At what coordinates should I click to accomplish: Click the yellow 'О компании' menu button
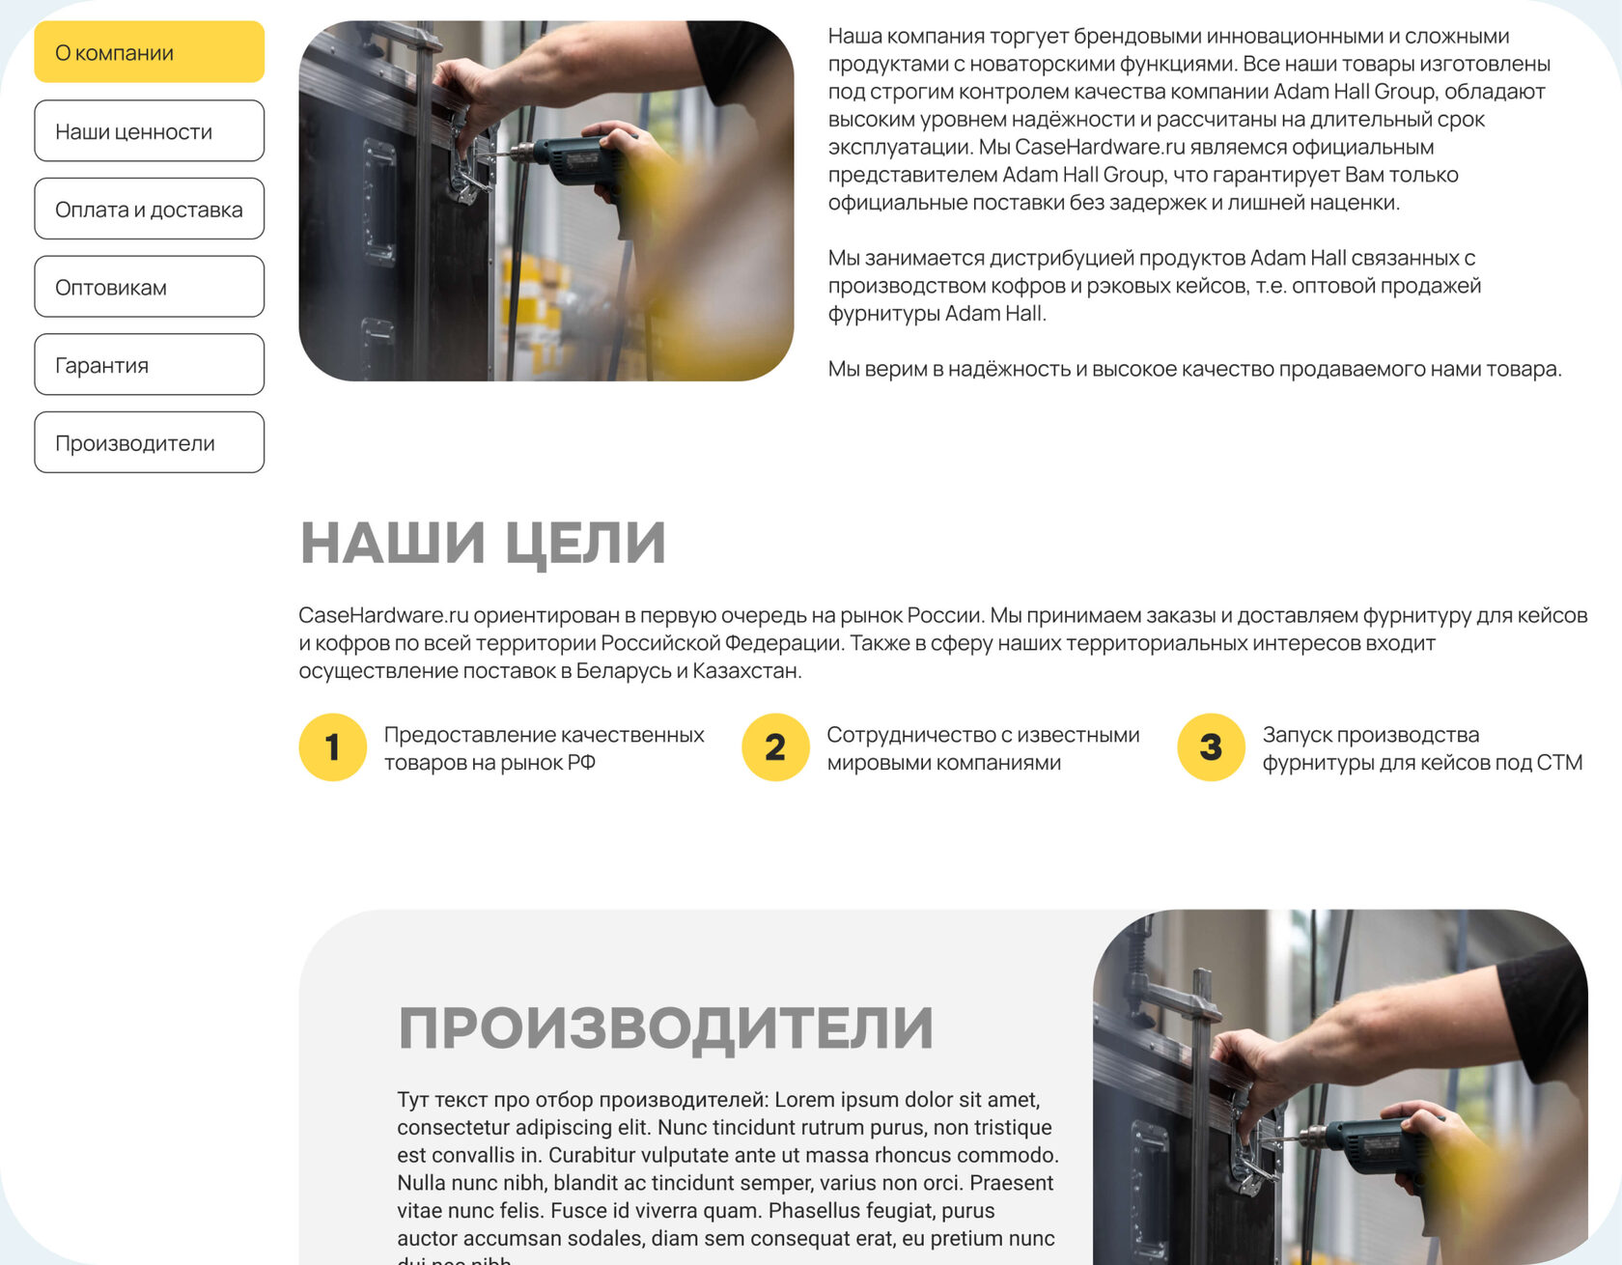pyautogui.click(x=150, y=52)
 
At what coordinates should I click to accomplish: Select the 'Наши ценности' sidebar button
pyautogui.click(x=150, y=130)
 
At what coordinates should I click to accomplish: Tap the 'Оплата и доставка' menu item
pyautogui.click(x=150, y=209)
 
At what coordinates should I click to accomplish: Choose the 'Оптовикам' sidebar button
pyautogui.click(x=150, y=287)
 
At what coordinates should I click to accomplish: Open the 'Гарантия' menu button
pyautogui.click(x=150, y=364)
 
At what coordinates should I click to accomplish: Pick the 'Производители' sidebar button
pyautogui.click(x=150, y=442)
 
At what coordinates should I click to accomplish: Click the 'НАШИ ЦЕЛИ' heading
pyautogui.click(x=484, y=543)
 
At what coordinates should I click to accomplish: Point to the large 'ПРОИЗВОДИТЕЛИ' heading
pyautogui.click(x=666, y=1027)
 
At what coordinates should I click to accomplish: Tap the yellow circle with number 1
pyautogui.click(x=333, y=747)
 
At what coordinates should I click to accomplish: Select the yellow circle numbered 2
pyautogui.click(x=775, y=747)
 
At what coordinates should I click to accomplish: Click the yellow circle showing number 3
pyautogui.click(x=1211, y=747)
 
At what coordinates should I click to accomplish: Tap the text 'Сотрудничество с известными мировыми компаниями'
pyautogui.click(x=983, y=748)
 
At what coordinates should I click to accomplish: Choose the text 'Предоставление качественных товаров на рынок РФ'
pyautogui.click(x=545, y=748)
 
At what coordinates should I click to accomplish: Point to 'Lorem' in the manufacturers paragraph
pyautogui.click(x=803, y=1100)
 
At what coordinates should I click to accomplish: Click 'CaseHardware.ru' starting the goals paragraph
pyautogui.click(x=383, y=615)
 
